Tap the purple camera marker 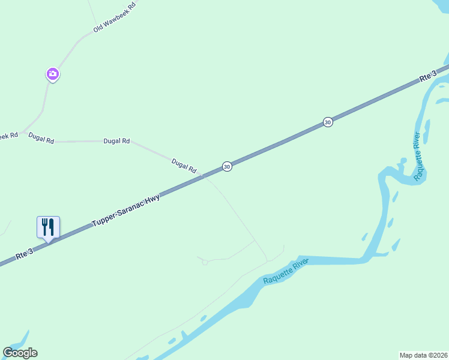point(53,74)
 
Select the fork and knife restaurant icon point(48,227)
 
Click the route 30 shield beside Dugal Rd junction point(226,166)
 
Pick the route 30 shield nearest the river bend point(327,122)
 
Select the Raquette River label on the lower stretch point(286,272)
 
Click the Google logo point(20,353)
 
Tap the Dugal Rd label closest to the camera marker point(41,140)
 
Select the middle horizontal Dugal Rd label point(116,141)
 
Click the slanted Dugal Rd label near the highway point(184,166)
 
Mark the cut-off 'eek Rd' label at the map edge point(8,136)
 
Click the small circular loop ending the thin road point(205,262)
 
